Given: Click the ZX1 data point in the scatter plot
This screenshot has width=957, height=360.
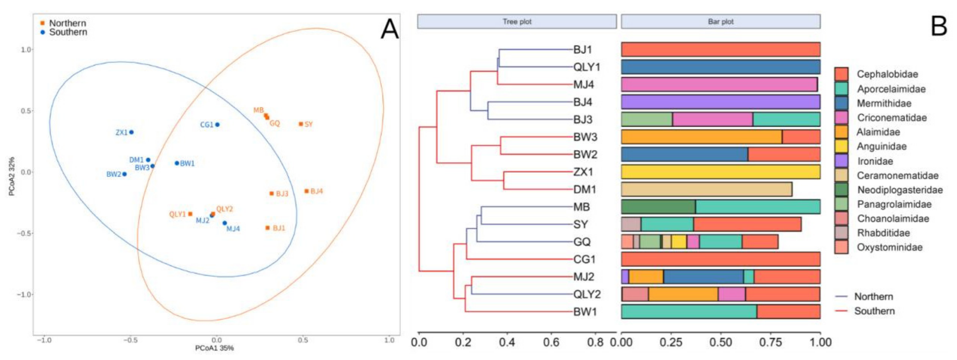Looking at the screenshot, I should pos(131,132).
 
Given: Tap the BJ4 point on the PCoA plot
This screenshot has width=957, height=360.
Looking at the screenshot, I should pos(307,191).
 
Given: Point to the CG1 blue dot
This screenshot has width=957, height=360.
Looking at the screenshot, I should pos(217,124).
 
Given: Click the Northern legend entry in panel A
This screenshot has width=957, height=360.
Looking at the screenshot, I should pos(63,23).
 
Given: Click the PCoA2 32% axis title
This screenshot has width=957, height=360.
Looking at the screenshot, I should pos(12,176).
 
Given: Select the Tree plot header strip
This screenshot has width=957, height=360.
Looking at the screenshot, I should pos(517,22).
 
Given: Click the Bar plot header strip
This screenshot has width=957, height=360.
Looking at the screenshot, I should pos(720,22).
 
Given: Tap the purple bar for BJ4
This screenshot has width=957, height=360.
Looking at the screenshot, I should pos(720,102).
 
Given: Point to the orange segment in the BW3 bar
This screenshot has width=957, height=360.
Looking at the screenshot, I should pos(701,137).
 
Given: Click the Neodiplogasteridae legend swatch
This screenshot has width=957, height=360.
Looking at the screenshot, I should pos(841,190).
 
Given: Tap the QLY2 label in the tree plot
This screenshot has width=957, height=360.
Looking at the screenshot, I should pos(587,294).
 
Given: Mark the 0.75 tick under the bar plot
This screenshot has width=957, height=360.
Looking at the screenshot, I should pos(770,342).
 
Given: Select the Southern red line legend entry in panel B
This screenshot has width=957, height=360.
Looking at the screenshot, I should pos(866,311).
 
